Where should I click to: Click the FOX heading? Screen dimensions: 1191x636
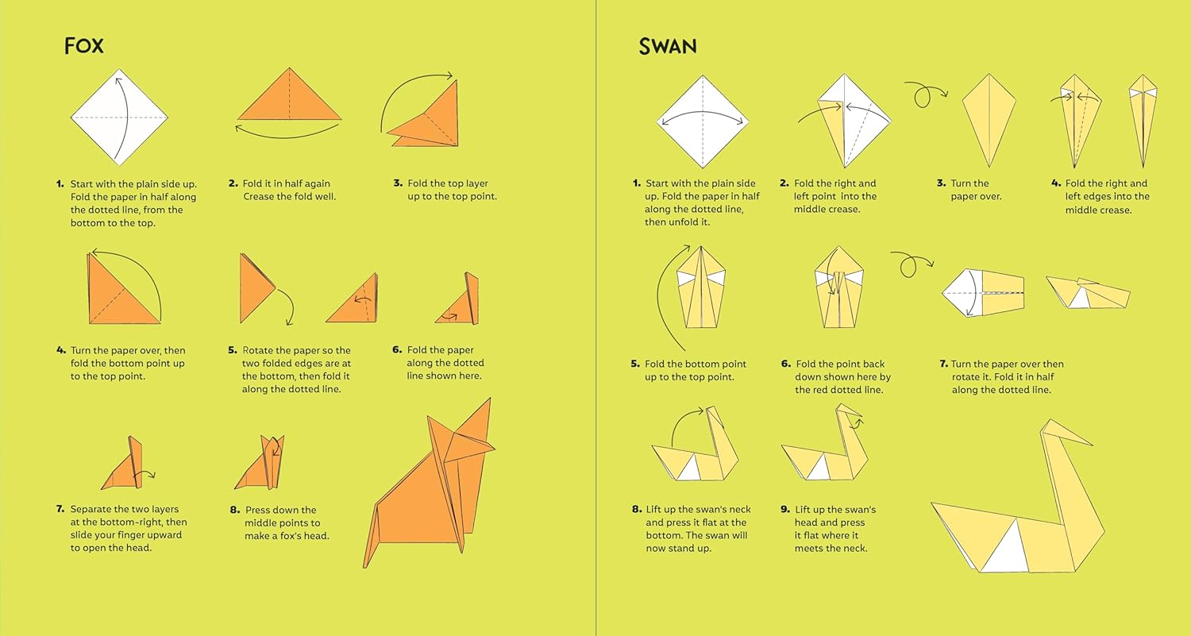pyautogui.click(x=84, y=46)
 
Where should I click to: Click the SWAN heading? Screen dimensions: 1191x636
pyautogui.click(x=667, y=47)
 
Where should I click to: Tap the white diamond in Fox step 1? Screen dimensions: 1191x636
pyautogui.click(x=119, y=117)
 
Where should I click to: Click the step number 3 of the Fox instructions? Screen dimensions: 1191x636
pyautogui.click(x=398, y=183)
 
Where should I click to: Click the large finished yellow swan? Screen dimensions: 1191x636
pyautogui.click(x=1018, y=500)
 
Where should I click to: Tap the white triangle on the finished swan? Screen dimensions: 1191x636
pyautogui.click(x=1005, y=550)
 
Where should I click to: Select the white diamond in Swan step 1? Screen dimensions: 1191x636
pyautogui.click(x=703, y=121)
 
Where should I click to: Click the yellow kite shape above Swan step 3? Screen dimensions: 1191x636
pyautogui.click(x=989, y=120)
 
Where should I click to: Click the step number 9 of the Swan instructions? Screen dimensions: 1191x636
pyautogui.click(x=785, y=510)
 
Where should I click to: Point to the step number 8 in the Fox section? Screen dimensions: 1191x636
pyautogui.click(x=234, y=510)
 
